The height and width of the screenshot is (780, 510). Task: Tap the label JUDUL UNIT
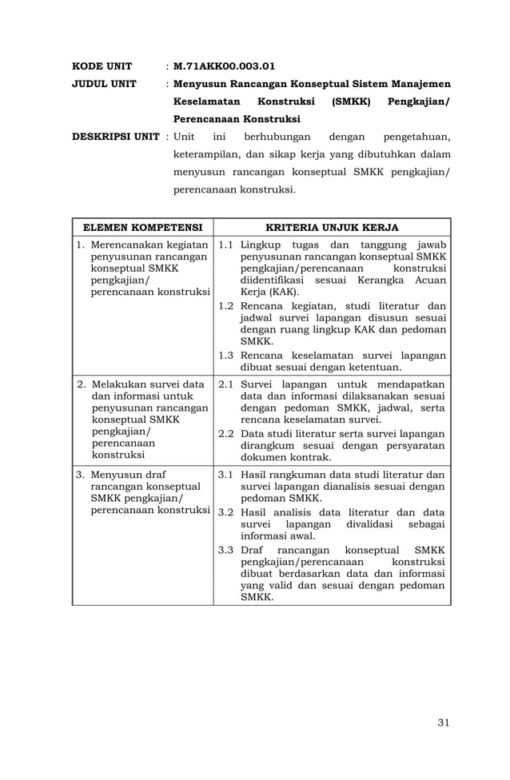pos(104,84)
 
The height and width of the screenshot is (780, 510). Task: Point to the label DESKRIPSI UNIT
pos(116,136)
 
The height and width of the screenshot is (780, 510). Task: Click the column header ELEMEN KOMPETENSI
pos(142,227)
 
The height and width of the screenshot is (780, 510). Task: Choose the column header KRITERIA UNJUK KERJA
pos(332,227)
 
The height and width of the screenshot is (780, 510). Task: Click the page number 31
pos(444,723)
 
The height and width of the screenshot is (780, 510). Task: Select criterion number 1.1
pos(225,244)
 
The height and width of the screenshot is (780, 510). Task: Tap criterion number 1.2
pos(225,305)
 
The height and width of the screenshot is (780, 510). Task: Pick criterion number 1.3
pos(225,355)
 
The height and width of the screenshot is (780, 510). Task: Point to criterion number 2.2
pos(225,433)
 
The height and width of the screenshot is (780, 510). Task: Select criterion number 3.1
pos(225,475)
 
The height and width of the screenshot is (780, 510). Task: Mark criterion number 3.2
pos(225,512)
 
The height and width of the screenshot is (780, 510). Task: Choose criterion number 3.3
pos(225,550)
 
